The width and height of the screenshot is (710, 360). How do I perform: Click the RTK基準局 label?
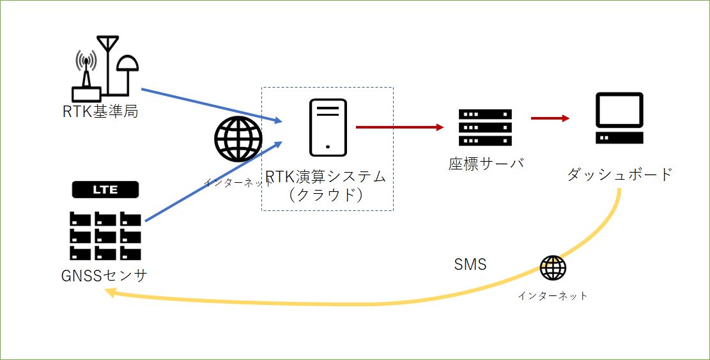100,111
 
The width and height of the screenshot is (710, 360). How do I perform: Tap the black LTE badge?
105,190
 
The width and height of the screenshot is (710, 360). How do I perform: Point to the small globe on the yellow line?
553,268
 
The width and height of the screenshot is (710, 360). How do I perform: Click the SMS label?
470,264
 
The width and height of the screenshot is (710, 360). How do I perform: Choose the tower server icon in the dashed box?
328,127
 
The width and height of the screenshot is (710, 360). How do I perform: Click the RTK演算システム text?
326,176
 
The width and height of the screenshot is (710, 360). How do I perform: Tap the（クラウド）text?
326,194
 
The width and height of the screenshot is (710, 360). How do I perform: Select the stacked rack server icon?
486,127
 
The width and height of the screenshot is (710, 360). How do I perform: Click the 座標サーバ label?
486,163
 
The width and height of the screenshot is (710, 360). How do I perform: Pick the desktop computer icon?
619,118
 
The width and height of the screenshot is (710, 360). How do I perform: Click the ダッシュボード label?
620,173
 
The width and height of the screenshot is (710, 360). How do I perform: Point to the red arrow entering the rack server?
399,127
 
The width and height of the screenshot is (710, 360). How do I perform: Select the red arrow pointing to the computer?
550,118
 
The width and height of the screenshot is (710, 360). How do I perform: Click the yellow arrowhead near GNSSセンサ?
110,292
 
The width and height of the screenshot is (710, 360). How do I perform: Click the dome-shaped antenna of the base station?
128,63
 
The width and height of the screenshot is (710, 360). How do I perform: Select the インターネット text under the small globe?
553,295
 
